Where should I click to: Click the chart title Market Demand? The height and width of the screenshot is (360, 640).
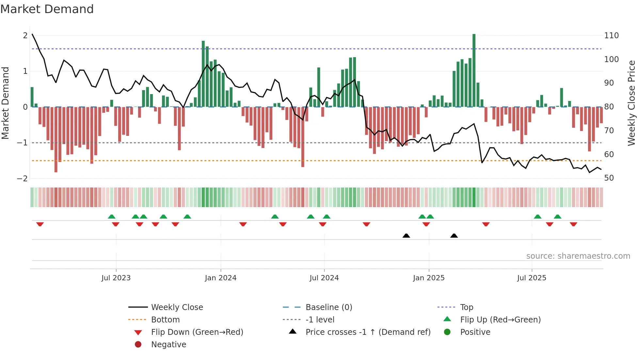[47, 9]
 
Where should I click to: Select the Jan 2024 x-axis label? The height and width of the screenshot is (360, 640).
[220, 278]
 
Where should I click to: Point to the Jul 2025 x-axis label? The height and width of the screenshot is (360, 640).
[532, 278]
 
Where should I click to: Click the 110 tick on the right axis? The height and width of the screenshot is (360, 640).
[611, 36]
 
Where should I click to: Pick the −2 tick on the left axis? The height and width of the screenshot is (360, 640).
[22, 179]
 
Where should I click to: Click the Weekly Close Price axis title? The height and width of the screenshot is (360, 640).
[632, 103]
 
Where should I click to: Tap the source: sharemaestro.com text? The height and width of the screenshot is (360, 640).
[578, 256]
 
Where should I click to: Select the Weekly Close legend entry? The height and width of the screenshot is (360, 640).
[177, 307]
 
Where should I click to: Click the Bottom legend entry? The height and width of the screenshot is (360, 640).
[165, 320]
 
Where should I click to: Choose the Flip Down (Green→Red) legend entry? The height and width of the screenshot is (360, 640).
[197, 332]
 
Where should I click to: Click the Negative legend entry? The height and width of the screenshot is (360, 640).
[168, 345]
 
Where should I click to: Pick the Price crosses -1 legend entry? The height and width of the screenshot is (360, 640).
[368, 332]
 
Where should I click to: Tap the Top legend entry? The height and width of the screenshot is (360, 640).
[466, 307]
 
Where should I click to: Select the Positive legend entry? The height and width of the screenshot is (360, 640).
[475, 332]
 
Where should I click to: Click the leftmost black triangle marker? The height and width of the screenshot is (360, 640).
[406, 236]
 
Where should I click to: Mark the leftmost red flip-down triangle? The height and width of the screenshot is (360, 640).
[40, 224]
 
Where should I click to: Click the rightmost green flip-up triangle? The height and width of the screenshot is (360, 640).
[557, 217]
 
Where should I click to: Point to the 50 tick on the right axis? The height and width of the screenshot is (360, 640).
[609, 178]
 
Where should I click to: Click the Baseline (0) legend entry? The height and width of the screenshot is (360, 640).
[328, 307]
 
